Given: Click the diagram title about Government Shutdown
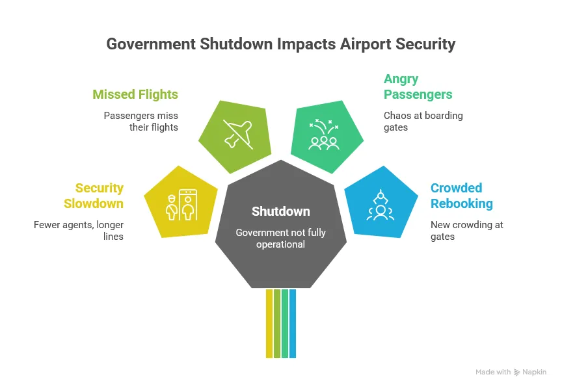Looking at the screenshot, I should (280, 44).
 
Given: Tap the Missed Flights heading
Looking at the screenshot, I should (135, 94).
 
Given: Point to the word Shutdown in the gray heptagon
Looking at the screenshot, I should (281, 212).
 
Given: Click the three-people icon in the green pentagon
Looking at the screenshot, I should (324, 135).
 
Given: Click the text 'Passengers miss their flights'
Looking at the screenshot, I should (140, 122).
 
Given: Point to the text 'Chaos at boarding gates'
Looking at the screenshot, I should (423, 122).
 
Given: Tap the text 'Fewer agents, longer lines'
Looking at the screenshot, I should (79, 231).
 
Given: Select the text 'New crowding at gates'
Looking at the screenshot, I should (466, 231).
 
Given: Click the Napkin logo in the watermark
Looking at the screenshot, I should (518, 372).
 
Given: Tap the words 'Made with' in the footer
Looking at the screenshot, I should (493, 372).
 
